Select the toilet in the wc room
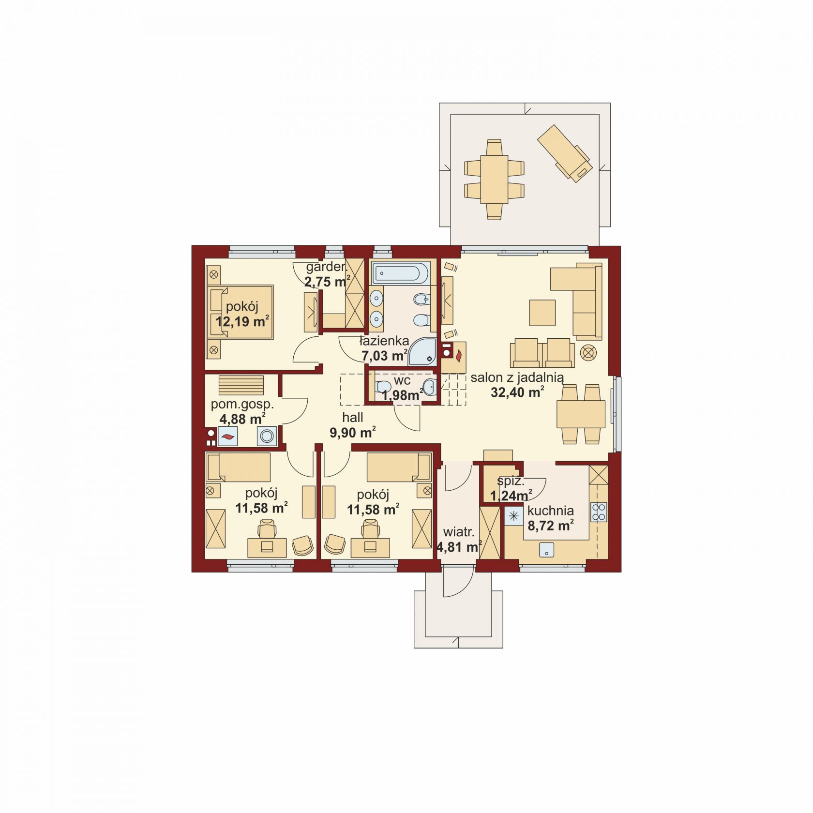coord(383,387)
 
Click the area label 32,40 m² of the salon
coord(517,392)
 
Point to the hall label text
coord(352,418)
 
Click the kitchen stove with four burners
coord(599,512)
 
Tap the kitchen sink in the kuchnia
coord(547,550)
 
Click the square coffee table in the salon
coord(542,313)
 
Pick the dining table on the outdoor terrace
coord(494,179)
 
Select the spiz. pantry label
coord(511,482)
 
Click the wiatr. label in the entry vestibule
coord(458,532)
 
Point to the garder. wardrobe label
coord(326,267)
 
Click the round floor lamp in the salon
coord(588,353)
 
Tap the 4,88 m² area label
coord(242,419)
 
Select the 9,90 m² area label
coord(353,433)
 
